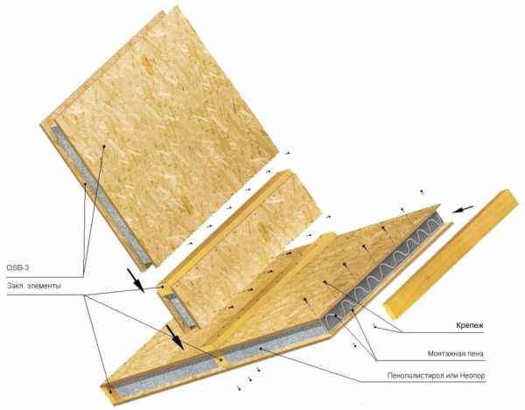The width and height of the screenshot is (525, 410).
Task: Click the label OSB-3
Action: coord(17,268)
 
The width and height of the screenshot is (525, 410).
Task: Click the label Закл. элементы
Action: coord(34,286)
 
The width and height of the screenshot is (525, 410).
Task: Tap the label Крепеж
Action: coord(469,325)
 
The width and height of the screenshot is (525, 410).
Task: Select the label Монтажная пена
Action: coord(455,353)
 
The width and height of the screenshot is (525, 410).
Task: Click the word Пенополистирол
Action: coord(416,376)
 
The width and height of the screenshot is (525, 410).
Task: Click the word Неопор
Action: coord(472,376)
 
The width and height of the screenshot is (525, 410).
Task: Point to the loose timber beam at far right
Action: coord(451,254)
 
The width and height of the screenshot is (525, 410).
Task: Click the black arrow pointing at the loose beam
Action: coord(462,209)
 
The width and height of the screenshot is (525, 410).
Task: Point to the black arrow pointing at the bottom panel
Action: coord(175,337)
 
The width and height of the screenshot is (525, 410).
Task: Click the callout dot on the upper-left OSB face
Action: coord(104,146)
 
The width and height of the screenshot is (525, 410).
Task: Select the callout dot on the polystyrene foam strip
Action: coord(261,349)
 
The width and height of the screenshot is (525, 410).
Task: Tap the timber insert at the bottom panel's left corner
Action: coord(109,392)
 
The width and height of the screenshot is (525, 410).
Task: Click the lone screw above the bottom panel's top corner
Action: coord(423,191)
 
